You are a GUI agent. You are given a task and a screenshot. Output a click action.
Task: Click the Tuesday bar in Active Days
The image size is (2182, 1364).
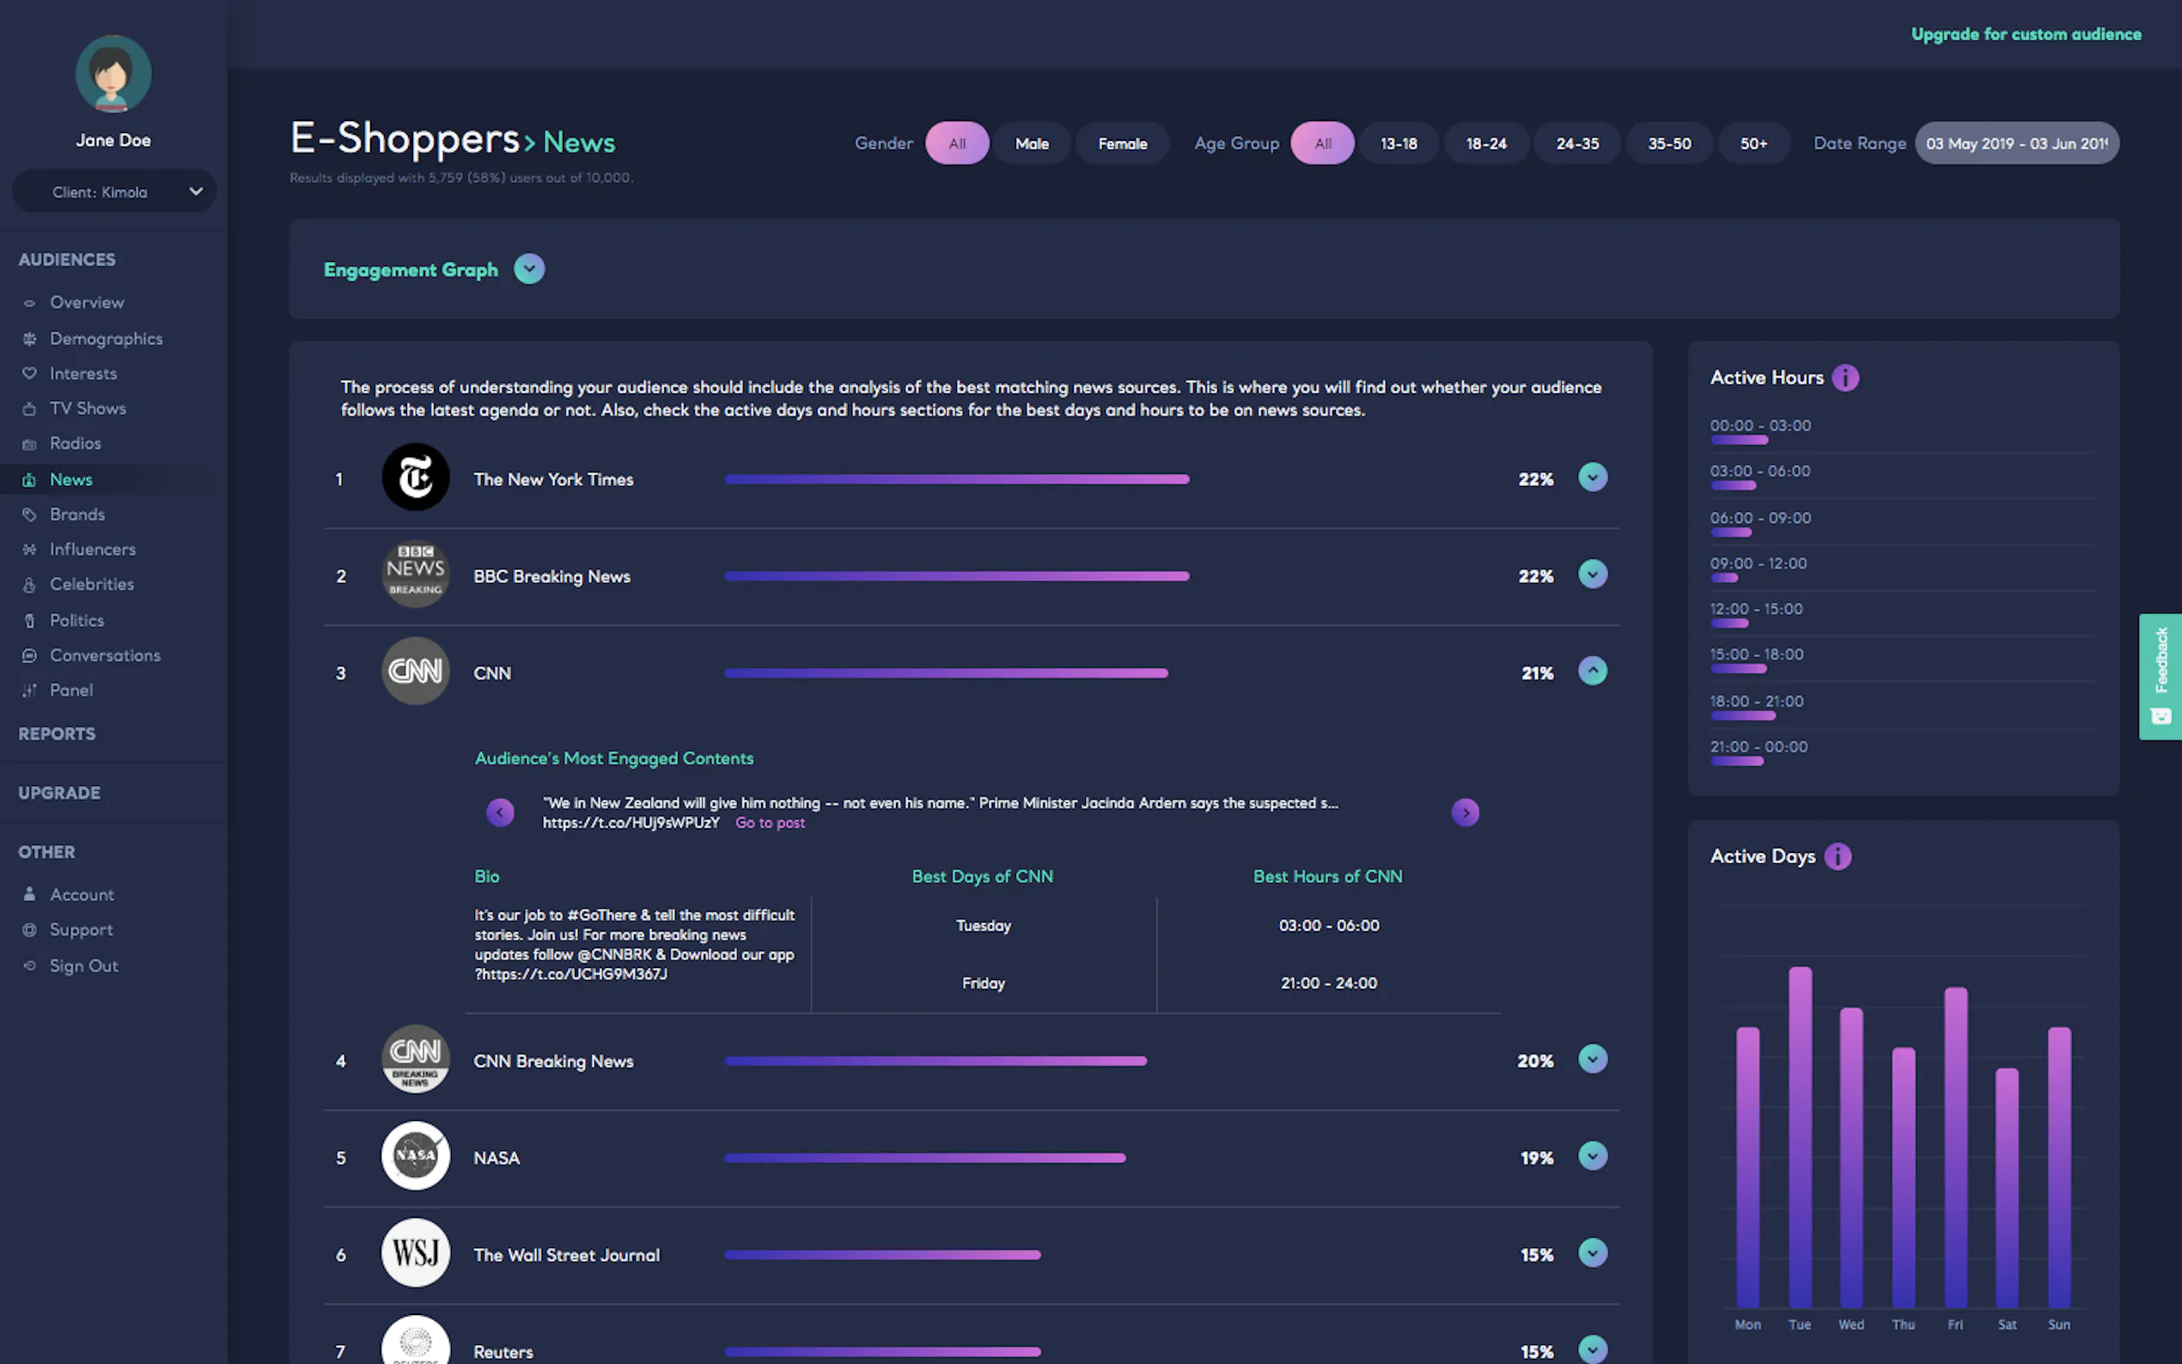pyautogui.click(x=1800, y=1136)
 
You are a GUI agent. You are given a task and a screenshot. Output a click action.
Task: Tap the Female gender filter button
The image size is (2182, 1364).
pyautogui.click(x=1122, y=143)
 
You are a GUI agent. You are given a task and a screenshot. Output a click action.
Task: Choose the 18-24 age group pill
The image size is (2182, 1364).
pyautogui.click(x=1485, y=143)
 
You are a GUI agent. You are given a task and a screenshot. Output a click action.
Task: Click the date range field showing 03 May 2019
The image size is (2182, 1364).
pyautogui.click(x=2016, y=143)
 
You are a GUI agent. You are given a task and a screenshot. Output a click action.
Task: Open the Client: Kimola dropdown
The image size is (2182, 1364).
pyautogui.click(x=113, y=192)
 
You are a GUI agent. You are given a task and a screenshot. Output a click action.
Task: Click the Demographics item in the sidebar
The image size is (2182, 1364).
pyautogui.click(x=106, y=338)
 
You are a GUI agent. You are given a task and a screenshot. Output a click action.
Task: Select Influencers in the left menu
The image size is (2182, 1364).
pyautogui.click(x=92, y=549)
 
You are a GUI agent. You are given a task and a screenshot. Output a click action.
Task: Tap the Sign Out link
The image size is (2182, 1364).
pyautogui.click(x=83, y=965)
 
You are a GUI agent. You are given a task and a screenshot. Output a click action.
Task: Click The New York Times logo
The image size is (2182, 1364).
pyautogui.click(x=415, y=478)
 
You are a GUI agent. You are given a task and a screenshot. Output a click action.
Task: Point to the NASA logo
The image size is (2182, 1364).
pyautogui.click(x=415, y=1155)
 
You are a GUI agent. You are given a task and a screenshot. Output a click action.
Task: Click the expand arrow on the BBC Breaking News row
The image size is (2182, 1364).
pyautogui.click(x=1592, y=574)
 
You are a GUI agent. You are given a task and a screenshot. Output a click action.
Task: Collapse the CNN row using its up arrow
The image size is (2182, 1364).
pyautogui.click(x=1592, y=670)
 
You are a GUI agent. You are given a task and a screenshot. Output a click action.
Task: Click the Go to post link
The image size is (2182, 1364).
pyautogui.click(x=770, y=823)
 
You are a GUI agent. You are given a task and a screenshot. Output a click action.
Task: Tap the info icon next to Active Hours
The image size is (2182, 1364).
pyautogui.click(x=1844, y=377)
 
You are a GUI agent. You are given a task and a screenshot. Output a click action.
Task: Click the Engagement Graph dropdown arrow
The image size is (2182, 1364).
pyautogui.click(x=528, y=269)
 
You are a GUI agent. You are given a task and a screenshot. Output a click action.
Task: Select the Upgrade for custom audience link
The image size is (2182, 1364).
pyautogui.click(x=2025, y=34)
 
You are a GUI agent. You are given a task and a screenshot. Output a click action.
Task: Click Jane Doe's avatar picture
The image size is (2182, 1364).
pyautogui.click(x=113, y=74)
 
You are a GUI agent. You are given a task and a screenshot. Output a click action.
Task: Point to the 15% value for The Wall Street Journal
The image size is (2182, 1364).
pyautogui.click(x=1536, y=1255)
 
